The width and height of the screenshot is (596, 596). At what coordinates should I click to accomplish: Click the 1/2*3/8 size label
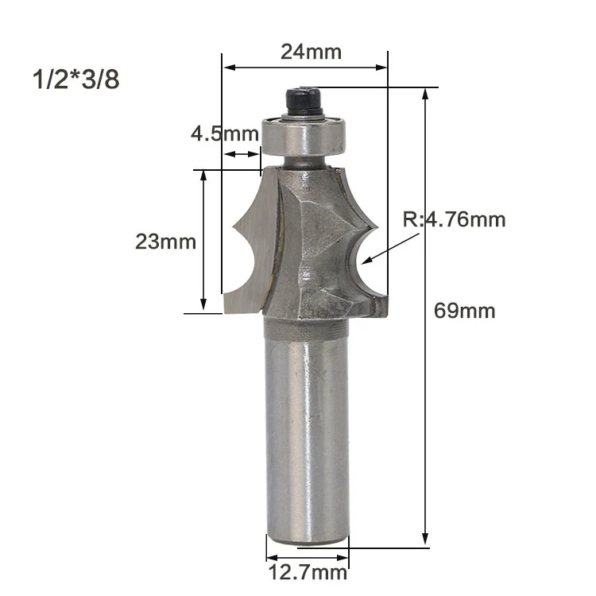pyautogui.click(x=76, y=79)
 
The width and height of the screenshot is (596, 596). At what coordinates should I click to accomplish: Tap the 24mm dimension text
pyautogui.click(x=311, y=52)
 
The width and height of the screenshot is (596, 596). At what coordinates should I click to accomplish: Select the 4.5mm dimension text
pyautogui.click(x=225, y=134)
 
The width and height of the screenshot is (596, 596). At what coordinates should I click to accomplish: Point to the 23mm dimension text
pyautogui.click(x=166, y=242)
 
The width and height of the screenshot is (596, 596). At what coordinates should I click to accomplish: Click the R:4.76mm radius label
pyautogui.click(x=455, y=219)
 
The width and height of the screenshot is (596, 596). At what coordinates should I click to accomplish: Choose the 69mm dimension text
pyautogui.click(x=465, y=311)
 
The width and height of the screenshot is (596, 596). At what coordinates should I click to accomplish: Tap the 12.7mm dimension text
pyautogui.click(x=308, y=572)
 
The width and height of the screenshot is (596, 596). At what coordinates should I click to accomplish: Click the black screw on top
pyautogui.click(x=304, y=102)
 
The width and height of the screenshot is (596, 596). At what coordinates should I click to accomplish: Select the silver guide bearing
pyautogui.click(x=304, y=136)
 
